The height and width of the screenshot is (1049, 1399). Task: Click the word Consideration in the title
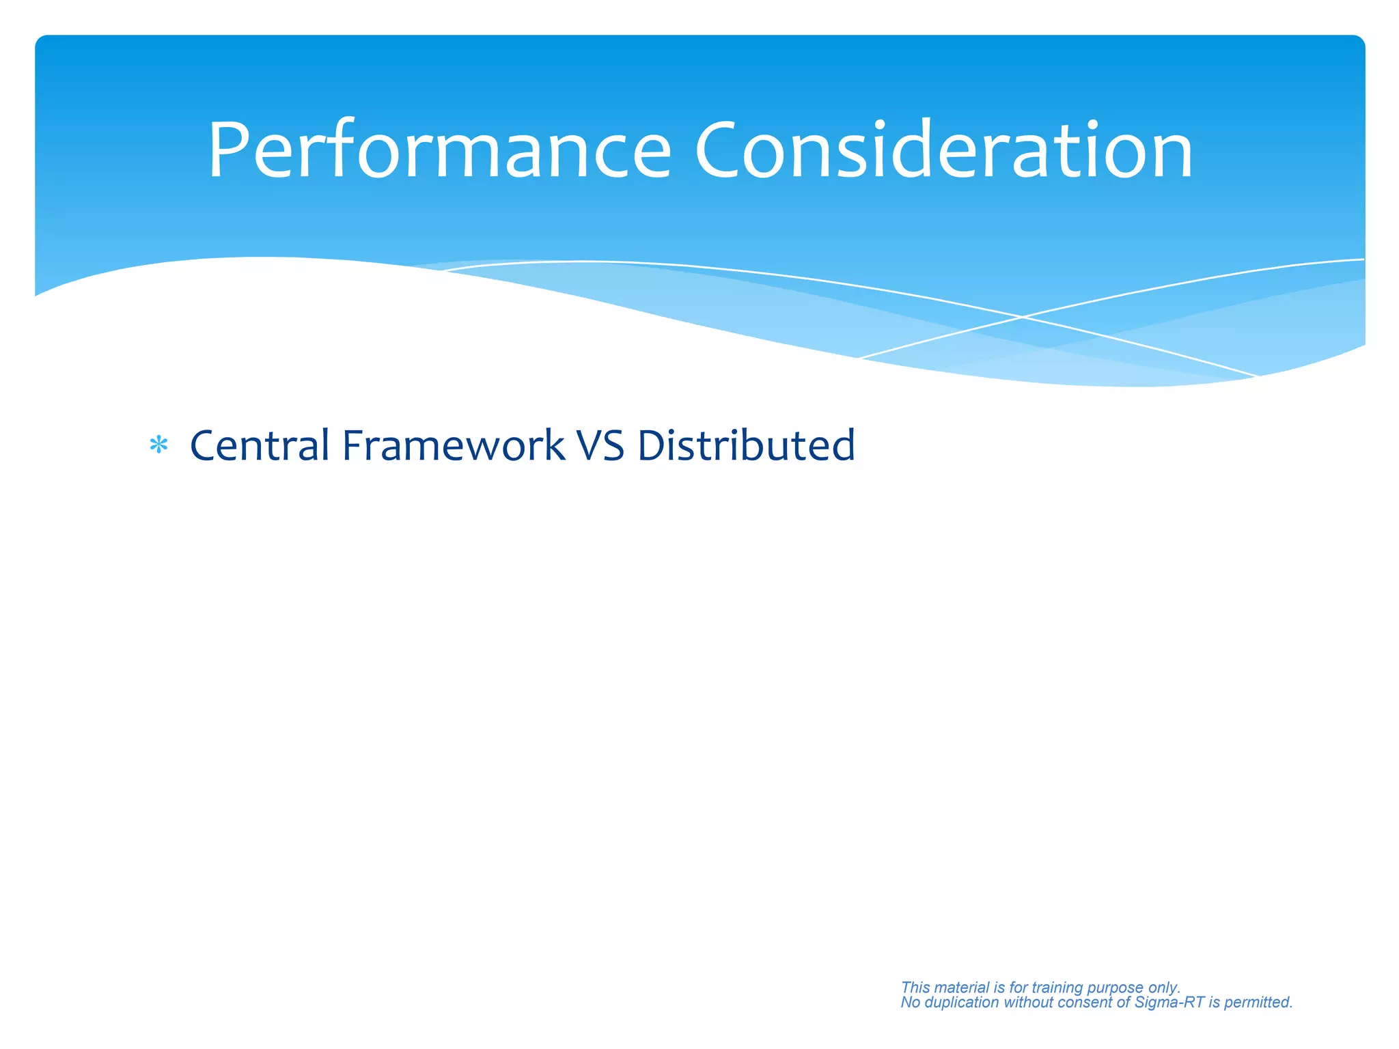tap(943, 150)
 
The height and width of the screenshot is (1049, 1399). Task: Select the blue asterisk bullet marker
tap(158, 446)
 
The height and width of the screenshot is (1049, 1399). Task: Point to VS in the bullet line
tap(600, 445)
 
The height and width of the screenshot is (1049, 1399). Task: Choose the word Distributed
tap(746, 445)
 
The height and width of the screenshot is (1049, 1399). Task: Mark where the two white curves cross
tap(1023, 317)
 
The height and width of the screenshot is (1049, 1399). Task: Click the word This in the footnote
tap(915, 988)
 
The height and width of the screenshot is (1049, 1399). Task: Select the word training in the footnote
tap(1057, 988)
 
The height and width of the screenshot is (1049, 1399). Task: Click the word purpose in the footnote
tap(1115, 988)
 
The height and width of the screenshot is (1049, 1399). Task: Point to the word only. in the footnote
tap(1165, 988)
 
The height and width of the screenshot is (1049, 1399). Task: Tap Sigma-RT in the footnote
tap(1169, 1003)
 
